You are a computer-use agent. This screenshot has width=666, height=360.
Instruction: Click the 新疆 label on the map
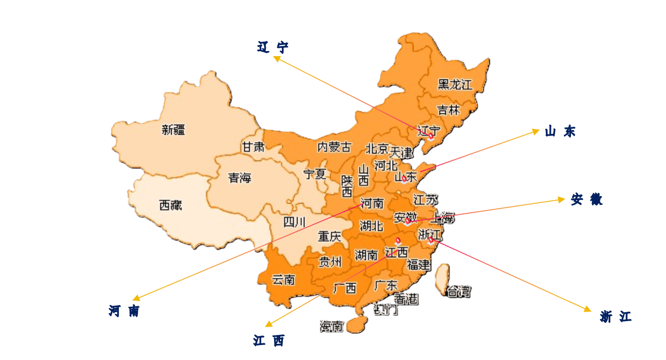coord(173,131)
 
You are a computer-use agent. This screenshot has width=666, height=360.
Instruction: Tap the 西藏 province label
coord(170,206)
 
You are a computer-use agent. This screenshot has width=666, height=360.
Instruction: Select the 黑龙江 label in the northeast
coord(455,85)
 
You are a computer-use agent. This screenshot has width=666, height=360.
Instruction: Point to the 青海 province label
coord(240,178)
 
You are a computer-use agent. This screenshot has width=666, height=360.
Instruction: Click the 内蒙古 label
coord(334,147)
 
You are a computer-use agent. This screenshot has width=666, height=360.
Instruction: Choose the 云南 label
coord(283,280)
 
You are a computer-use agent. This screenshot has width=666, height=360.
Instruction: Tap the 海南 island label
coord(332,327)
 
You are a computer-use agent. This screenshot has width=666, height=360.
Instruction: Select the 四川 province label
coord(294,223)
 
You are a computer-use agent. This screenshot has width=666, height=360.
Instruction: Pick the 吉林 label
coord(448,110)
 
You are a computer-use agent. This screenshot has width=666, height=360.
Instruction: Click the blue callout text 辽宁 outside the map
coord(273,47)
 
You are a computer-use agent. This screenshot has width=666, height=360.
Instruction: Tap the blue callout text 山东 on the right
coord(560,132)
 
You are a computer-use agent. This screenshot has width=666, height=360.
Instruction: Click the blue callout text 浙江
coord(616,317)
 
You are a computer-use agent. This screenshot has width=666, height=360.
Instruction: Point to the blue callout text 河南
coord(124,311)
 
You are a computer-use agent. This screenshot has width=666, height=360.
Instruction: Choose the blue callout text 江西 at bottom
coord(269,341)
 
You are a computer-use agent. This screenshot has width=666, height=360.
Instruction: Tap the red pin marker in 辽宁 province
coord(430,136)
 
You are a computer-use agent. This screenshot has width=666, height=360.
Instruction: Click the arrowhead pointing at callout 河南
coord(136,299)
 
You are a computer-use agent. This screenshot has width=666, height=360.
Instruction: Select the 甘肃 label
coord(252,147)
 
